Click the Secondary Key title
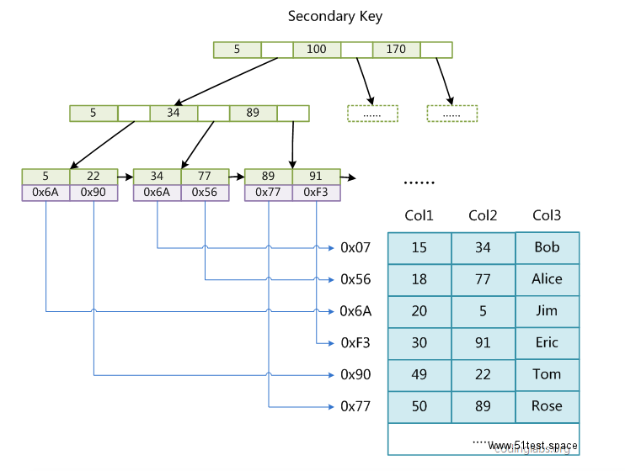click(334, 16)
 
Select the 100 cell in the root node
click(317, 50)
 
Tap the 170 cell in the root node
click(396, 50)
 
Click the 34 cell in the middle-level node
click(174, 113)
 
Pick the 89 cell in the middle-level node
click(253, 113)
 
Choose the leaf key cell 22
click(93, 177)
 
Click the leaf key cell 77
click(205, 177)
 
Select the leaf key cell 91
click(316, 177)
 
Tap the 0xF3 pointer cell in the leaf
click(316, 193)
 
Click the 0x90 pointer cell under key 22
click(93, 193)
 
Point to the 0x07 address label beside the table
click(355, 247)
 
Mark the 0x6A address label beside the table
click(355, 311)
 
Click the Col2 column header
click(483, 216)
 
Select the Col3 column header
click(547, 216)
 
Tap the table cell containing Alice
click(547, 279)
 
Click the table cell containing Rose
click(547, 406)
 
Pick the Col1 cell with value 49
click(419, 374)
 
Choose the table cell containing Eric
click(547, 342)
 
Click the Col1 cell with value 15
click(419, 247)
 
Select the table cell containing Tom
click(547, 374)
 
